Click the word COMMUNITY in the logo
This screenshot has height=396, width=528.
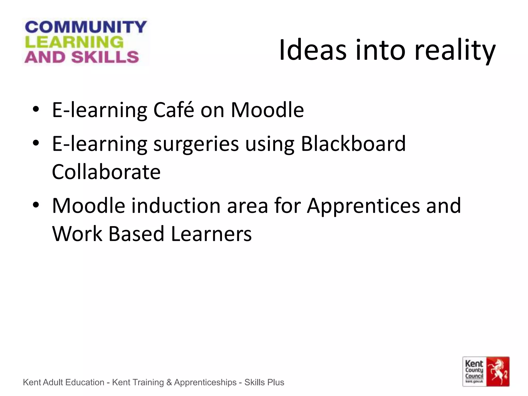(x=86, y=27)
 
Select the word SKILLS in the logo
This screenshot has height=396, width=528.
(x=105, y=57)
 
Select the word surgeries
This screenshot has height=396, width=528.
(x=196, y=144)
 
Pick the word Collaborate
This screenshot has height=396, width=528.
(x=106, y=172)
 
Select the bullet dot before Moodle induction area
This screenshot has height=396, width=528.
(x=36, y=205)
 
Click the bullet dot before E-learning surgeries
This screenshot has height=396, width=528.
(x=36, y=143)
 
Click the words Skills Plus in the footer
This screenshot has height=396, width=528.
(x=264, y=382)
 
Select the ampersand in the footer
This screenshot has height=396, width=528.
(x=169, y=382)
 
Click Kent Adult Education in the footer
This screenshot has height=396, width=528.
(x=63, y=382)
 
